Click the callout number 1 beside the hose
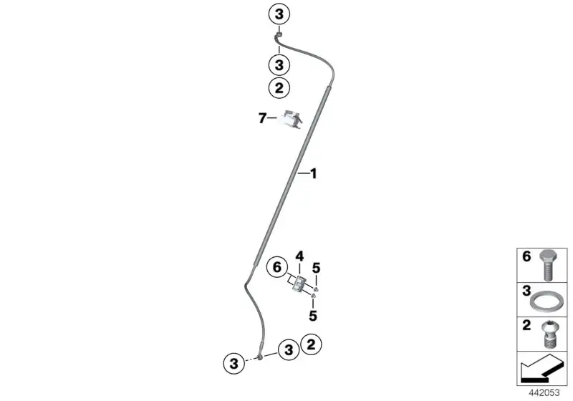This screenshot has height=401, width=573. click(313, 174)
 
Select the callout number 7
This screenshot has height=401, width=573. click(262, 118)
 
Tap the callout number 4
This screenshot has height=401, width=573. click(299, 256)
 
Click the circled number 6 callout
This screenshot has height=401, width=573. click(277, 268)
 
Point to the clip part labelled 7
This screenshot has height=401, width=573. click(292, 120)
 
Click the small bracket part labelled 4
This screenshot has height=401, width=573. click(299, 284)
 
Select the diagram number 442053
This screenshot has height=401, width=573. click(544, 393)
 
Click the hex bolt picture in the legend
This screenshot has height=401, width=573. click(547, 266)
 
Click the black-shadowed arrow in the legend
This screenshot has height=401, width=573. click(541, 368)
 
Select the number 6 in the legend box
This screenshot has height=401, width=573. click(526, 257)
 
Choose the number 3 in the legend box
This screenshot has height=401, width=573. click(526, 291)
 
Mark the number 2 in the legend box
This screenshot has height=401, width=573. click(526, 325)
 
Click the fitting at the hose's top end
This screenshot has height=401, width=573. click(279, 35)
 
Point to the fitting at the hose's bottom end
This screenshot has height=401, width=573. click(260, 356)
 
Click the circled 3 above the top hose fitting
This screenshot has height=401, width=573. click(279, 14)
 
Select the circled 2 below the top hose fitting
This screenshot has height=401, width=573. click(279, 88)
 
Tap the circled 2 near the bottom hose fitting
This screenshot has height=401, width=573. click(311, 344)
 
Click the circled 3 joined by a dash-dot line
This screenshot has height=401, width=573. click(233, 363)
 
